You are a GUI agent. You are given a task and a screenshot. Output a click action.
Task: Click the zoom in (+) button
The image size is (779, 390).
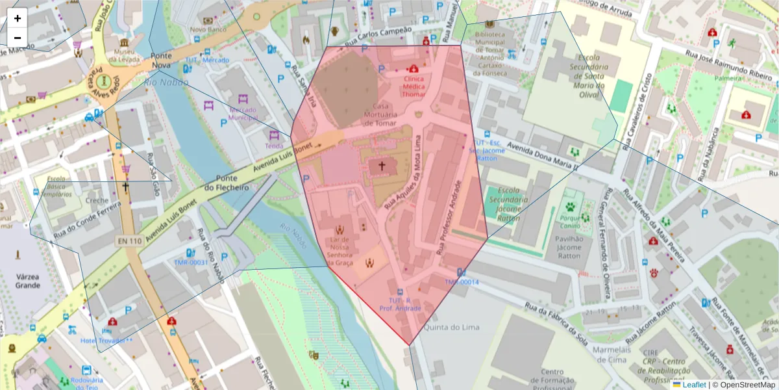(x=18, y=18)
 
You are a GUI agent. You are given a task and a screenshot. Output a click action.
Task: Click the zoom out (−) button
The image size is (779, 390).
(x=18, y=38)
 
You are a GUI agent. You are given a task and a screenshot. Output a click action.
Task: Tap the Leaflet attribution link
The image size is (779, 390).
(x=693, y=385)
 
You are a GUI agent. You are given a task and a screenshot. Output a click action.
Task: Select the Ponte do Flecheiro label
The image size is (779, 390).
(x=227, y=183)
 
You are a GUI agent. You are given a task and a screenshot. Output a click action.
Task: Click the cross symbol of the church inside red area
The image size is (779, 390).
(x=382, y=166)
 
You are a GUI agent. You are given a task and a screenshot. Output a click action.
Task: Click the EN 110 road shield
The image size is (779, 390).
(x=129, y=241)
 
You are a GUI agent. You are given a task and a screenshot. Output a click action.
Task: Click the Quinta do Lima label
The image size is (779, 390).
(x=451, y=327)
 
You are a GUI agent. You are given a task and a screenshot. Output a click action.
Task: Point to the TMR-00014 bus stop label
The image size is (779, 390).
(x=462, y=282)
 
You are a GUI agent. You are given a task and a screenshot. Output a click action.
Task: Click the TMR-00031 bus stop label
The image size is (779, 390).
(x=191, y=263)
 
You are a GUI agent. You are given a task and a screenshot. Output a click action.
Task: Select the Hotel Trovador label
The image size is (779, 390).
(x=106, y=341)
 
